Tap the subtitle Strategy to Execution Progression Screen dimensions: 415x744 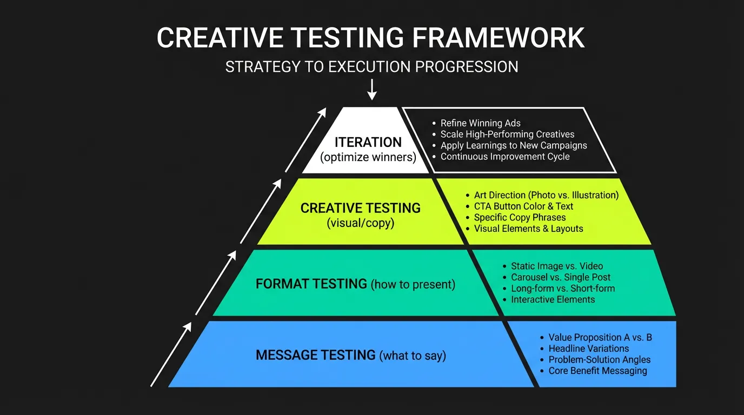[371, 67]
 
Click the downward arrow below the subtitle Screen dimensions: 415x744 [371, 89]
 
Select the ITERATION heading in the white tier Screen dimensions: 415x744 [368, 142]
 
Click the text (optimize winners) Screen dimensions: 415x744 [368, 158]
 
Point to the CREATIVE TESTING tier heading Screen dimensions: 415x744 [360, 208]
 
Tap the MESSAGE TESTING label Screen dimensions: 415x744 [315, 355]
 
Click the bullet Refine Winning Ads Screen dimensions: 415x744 [480, 123]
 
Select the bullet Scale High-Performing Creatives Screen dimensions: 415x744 [507, 134]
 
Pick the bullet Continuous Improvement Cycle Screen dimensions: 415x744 [504, 157]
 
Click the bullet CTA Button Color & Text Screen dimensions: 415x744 [523, 206]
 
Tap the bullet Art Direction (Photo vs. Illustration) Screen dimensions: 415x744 [546, 195]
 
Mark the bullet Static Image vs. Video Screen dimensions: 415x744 [556, 266]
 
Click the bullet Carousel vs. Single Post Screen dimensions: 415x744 [560, 277]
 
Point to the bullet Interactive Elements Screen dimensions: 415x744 [553, 299]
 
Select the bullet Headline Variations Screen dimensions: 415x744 [588, 349]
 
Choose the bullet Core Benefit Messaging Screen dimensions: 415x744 [597, 371]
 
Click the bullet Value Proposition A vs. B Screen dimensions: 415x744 [600, 337]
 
